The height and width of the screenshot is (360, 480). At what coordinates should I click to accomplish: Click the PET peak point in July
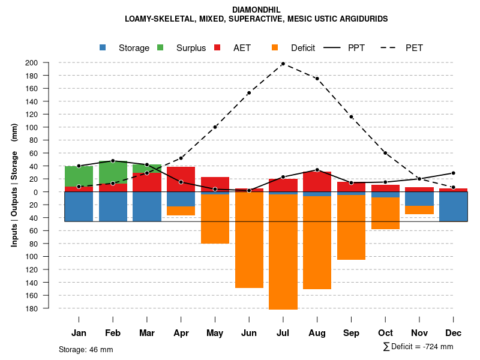(x=283, y=64)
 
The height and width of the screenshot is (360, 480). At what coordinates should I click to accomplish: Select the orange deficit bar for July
(x=283, y=252)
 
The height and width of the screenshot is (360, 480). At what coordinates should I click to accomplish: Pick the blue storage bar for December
(x=453, y=206)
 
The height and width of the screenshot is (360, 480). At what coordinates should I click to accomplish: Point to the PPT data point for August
(x=317, y=170)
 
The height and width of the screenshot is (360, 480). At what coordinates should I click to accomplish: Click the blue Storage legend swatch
(x=103, y=48)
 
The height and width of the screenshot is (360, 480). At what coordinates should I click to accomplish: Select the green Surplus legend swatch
(x=160, y=48)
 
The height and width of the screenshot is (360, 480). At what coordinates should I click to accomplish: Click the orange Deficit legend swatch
(x=275, y=48)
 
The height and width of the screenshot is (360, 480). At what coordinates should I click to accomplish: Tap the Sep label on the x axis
(x=351, y=333)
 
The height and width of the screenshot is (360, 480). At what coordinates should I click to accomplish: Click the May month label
(x=215, y=333)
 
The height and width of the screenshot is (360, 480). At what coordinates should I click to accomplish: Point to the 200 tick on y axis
(x=48, y=63)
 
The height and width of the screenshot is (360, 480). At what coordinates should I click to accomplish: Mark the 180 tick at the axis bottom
(x=48, y=308)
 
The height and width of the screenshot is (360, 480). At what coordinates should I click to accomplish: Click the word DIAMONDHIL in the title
(x=256, y=10)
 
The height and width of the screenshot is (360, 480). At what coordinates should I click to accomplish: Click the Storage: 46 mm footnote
(x=86, y=349)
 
